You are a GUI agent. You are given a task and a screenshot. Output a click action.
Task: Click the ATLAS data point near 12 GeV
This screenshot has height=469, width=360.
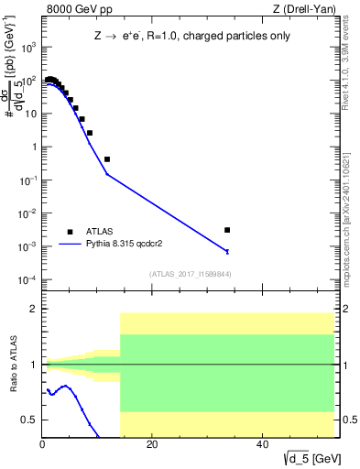(107, 159)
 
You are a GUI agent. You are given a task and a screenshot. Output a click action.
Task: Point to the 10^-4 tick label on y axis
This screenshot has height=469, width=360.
(29, 279)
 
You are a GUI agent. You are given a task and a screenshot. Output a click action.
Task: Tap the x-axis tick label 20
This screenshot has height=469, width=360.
(152, 446)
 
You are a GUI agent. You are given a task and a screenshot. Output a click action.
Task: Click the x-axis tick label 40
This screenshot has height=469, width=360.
(263, 446)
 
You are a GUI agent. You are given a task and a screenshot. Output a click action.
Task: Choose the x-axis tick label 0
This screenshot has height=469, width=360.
(42, 446)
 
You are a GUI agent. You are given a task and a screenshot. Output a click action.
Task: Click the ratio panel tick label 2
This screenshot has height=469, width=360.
(33, 310)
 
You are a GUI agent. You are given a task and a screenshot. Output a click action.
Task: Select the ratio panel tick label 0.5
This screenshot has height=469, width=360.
(29, 420)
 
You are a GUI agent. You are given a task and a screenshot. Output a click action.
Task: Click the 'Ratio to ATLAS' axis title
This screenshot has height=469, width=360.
(11, 365)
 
